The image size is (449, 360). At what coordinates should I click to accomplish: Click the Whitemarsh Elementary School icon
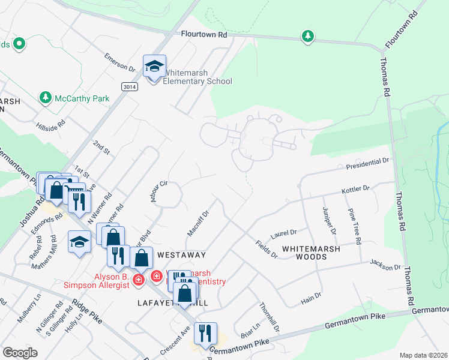coord(154,68)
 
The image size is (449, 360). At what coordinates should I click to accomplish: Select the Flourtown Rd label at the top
coord(204,35)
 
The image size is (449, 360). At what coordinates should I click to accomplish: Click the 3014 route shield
coord(128,87)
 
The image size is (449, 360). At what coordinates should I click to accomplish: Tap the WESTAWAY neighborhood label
coord(181,254)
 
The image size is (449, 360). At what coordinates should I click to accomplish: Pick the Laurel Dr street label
coord(285,232)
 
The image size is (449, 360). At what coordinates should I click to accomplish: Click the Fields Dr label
coord(266,250)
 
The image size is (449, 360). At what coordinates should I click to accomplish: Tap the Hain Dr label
coord(310,295)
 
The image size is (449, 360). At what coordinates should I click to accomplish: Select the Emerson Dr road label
coord(117,62)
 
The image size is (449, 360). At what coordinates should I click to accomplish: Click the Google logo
coord(20,353)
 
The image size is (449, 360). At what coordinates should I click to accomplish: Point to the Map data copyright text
coord(423,355)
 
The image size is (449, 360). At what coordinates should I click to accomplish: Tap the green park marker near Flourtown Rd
coord(308,37)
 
